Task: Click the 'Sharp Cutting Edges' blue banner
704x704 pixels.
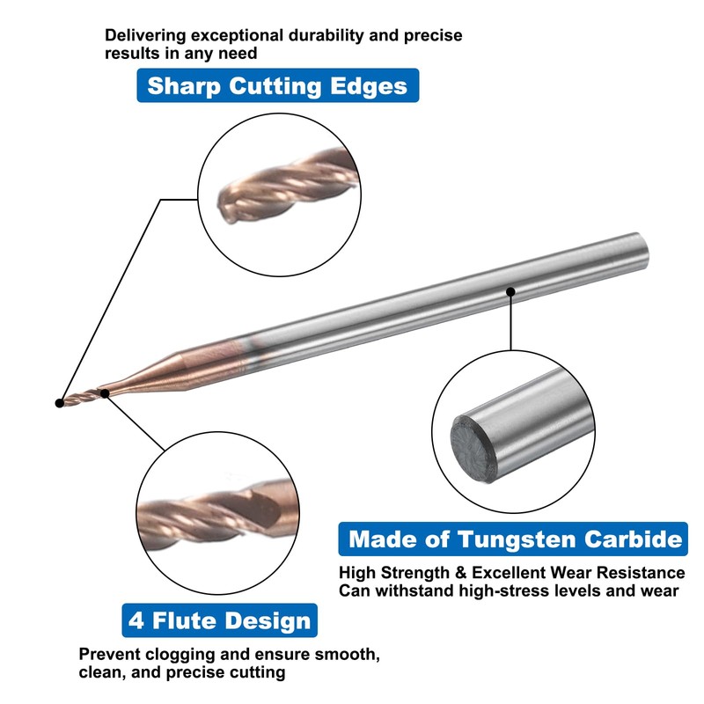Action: tap(277, 86)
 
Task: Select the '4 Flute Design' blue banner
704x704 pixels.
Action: tap(219, 620)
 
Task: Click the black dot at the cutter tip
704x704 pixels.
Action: tap(60, 402)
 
